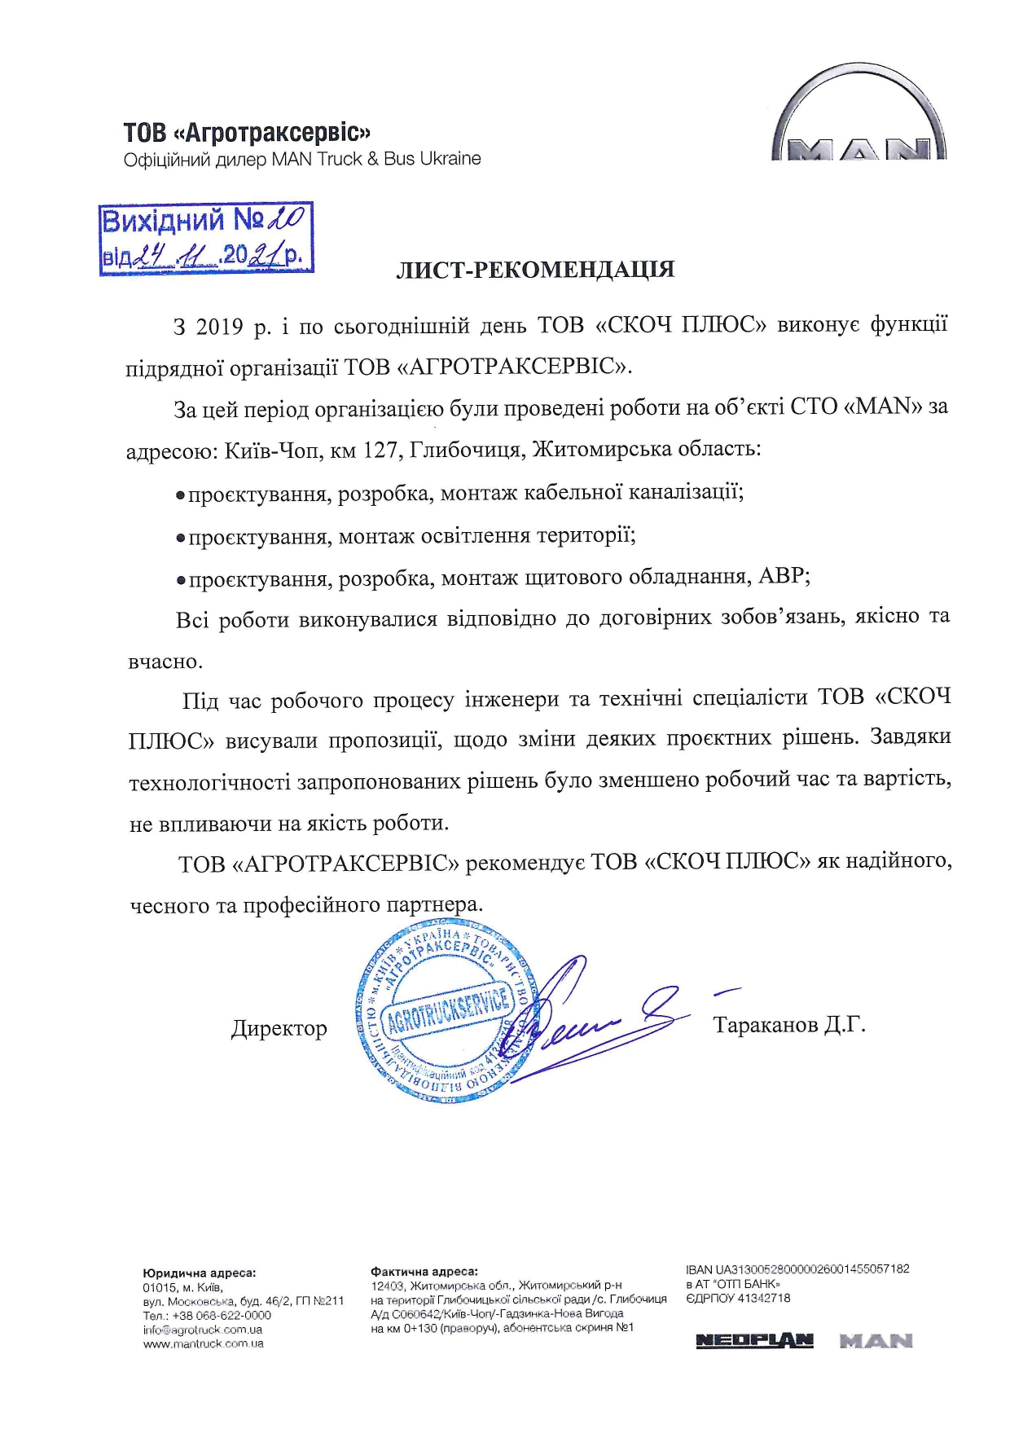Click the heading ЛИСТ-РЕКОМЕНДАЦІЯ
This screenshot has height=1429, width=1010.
535,270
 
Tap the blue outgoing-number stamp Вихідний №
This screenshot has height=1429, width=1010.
206,238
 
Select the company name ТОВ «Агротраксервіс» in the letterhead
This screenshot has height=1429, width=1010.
247,133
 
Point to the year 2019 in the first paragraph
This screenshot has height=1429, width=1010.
219,327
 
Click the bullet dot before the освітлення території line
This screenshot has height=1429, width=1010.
182,538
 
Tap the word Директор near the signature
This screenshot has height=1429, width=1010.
279,1029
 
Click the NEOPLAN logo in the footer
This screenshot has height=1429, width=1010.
754,1341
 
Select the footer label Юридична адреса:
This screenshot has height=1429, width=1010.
199,1272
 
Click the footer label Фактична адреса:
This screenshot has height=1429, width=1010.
424,1271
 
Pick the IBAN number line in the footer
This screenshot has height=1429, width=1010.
797,1269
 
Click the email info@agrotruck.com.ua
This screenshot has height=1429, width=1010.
202,1330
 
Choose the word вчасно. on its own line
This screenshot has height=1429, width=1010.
165,662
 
